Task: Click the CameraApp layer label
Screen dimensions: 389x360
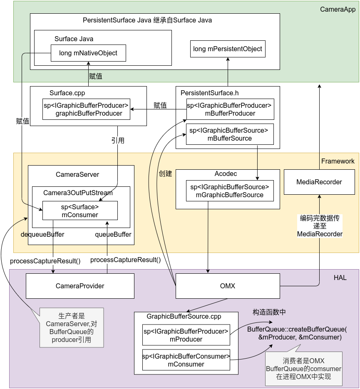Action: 338,9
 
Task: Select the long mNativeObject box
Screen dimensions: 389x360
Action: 88,53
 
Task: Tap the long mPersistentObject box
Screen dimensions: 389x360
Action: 228,49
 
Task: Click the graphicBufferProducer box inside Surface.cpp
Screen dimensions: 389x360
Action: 86,109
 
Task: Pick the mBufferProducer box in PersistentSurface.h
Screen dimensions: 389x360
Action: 230,109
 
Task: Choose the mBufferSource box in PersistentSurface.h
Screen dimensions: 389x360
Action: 230,134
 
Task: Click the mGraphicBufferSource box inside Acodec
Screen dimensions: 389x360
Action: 230,191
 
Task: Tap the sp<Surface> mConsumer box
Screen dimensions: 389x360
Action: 80,211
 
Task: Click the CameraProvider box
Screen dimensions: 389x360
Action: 80,286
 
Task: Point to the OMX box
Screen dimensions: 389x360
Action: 228,286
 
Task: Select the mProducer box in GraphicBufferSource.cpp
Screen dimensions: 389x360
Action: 186,335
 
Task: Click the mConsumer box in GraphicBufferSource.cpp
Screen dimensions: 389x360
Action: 186,360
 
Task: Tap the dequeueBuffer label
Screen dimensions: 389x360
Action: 42,235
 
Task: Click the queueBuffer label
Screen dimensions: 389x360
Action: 113,235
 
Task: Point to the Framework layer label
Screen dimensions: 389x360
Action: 338,161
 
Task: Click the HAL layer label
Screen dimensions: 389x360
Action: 340,278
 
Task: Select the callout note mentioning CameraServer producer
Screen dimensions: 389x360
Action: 71,328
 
